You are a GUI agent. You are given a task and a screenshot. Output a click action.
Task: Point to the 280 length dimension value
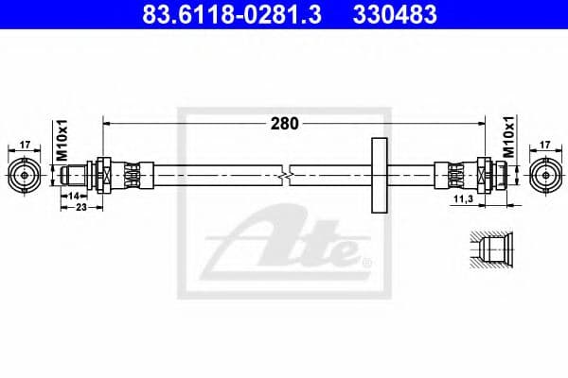click(x=284, y=123)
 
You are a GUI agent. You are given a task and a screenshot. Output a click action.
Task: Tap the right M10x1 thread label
click(x=507, y=138)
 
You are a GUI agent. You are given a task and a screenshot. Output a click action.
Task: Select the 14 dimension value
click(x=73, y=194)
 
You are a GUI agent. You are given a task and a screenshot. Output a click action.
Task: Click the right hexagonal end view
click(x=543, y=175)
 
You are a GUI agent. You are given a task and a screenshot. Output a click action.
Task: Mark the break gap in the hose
click(x=286, y=175)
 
